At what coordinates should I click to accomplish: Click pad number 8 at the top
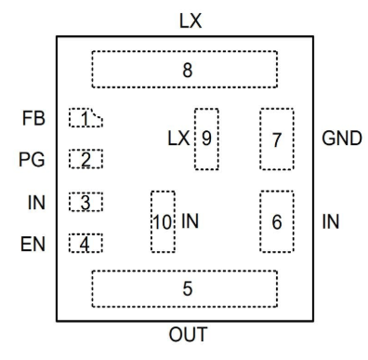click(186, 69)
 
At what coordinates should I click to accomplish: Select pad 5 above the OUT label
click(186, 287)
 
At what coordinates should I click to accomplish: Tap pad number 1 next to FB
click(85, 118)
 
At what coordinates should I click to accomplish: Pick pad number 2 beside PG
click(85, 159)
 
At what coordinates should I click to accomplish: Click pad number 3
click(85, 202)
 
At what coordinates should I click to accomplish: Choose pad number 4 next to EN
click(85, 244)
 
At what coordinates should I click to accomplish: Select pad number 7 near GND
click(276, 139)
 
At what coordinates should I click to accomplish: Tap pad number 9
click(206, 139)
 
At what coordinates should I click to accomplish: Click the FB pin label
click(32, 119)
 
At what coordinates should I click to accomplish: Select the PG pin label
click(32, 160)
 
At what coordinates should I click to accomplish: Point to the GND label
click(341, 139)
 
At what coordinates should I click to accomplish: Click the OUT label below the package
click(188, 334)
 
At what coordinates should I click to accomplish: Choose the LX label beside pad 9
click(177, 139)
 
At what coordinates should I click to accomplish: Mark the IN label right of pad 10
click(191, 221)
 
